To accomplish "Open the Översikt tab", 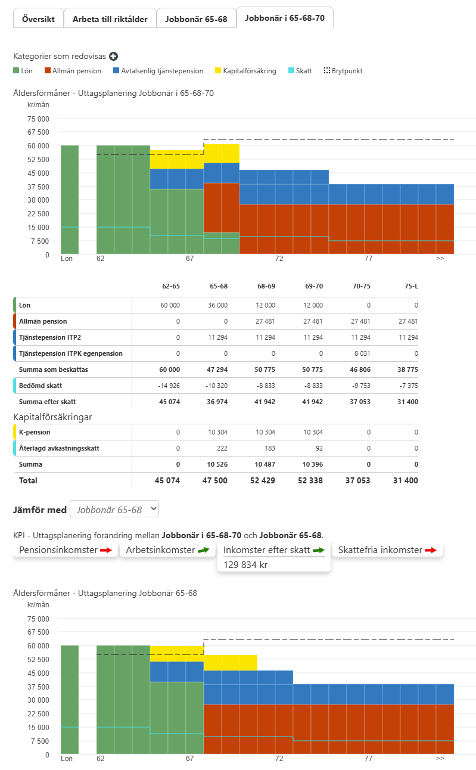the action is [38, 19].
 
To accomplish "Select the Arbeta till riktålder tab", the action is [110, 19].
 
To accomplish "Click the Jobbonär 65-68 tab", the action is [196, 19].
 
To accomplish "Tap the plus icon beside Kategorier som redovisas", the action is [113, 56].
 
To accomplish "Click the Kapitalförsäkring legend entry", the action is [245, 71].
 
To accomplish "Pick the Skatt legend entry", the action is [300, 71].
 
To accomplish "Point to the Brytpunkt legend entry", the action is [343, 71].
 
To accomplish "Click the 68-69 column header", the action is [266, 286].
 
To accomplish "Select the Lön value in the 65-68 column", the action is [217, 305].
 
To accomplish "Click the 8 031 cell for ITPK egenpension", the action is [362, 353].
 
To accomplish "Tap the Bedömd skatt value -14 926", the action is [169, 386].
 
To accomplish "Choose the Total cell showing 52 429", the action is [263, 480].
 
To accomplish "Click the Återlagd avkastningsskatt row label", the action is [59, 448].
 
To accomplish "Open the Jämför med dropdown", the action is [114, 509].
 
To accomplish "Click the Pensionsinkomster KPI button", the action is [66, 550].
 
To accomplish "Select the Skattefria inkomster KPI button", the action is [387, 550].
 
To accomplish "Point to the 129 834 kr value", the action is [245, 565].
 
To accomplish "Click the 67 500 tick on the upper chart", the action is [38, 132].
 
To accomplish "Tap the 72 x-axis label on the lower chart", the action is [279, 758].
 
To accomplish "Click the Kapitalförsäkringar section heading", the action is [52, 417].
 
